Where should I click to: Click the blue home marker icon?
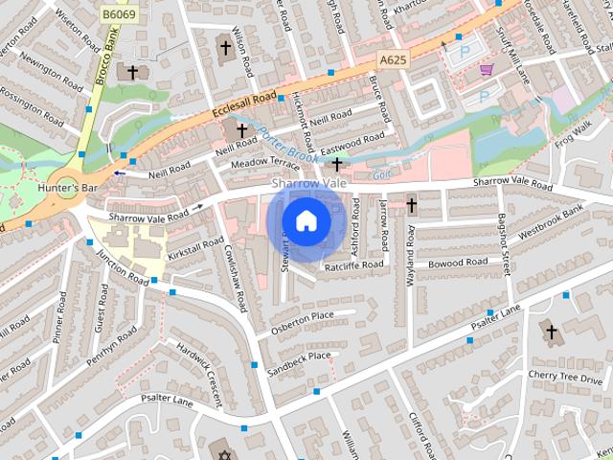(x=306, y=220)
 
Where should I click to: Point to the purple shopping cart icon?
(x=488, y=70)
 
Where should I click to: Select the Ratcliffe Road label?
(x=353, y=264)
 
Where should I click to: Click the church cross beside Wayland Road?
(x=411, y=205)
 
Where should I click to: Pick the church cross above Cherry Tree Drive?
(x=550, y=333)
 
